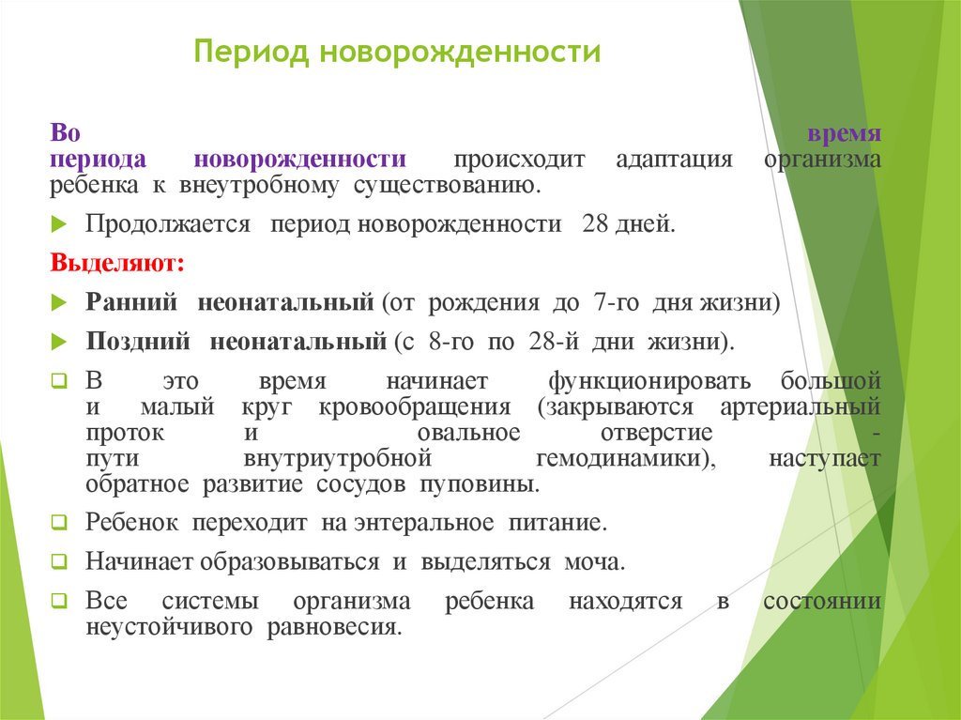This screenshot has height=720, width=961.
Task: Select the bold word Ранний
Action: click(x=132, y=304)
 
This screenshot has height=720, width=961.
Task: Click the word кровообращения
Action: click(x=414, y=408)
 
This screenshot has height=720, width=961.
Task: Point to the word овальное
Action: click(x=466, y=434)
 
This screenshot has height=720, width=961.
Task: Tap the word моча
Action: click(x=593, y=562)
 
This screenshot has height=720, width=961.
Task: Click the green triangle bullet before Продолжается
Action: click(x=58, y=226)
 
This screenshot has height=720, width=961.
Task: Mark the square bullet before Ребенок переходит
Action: click(x=58, y=522)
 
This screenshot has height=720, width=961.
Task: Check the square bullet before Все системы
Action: click(x=58, y=602)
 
